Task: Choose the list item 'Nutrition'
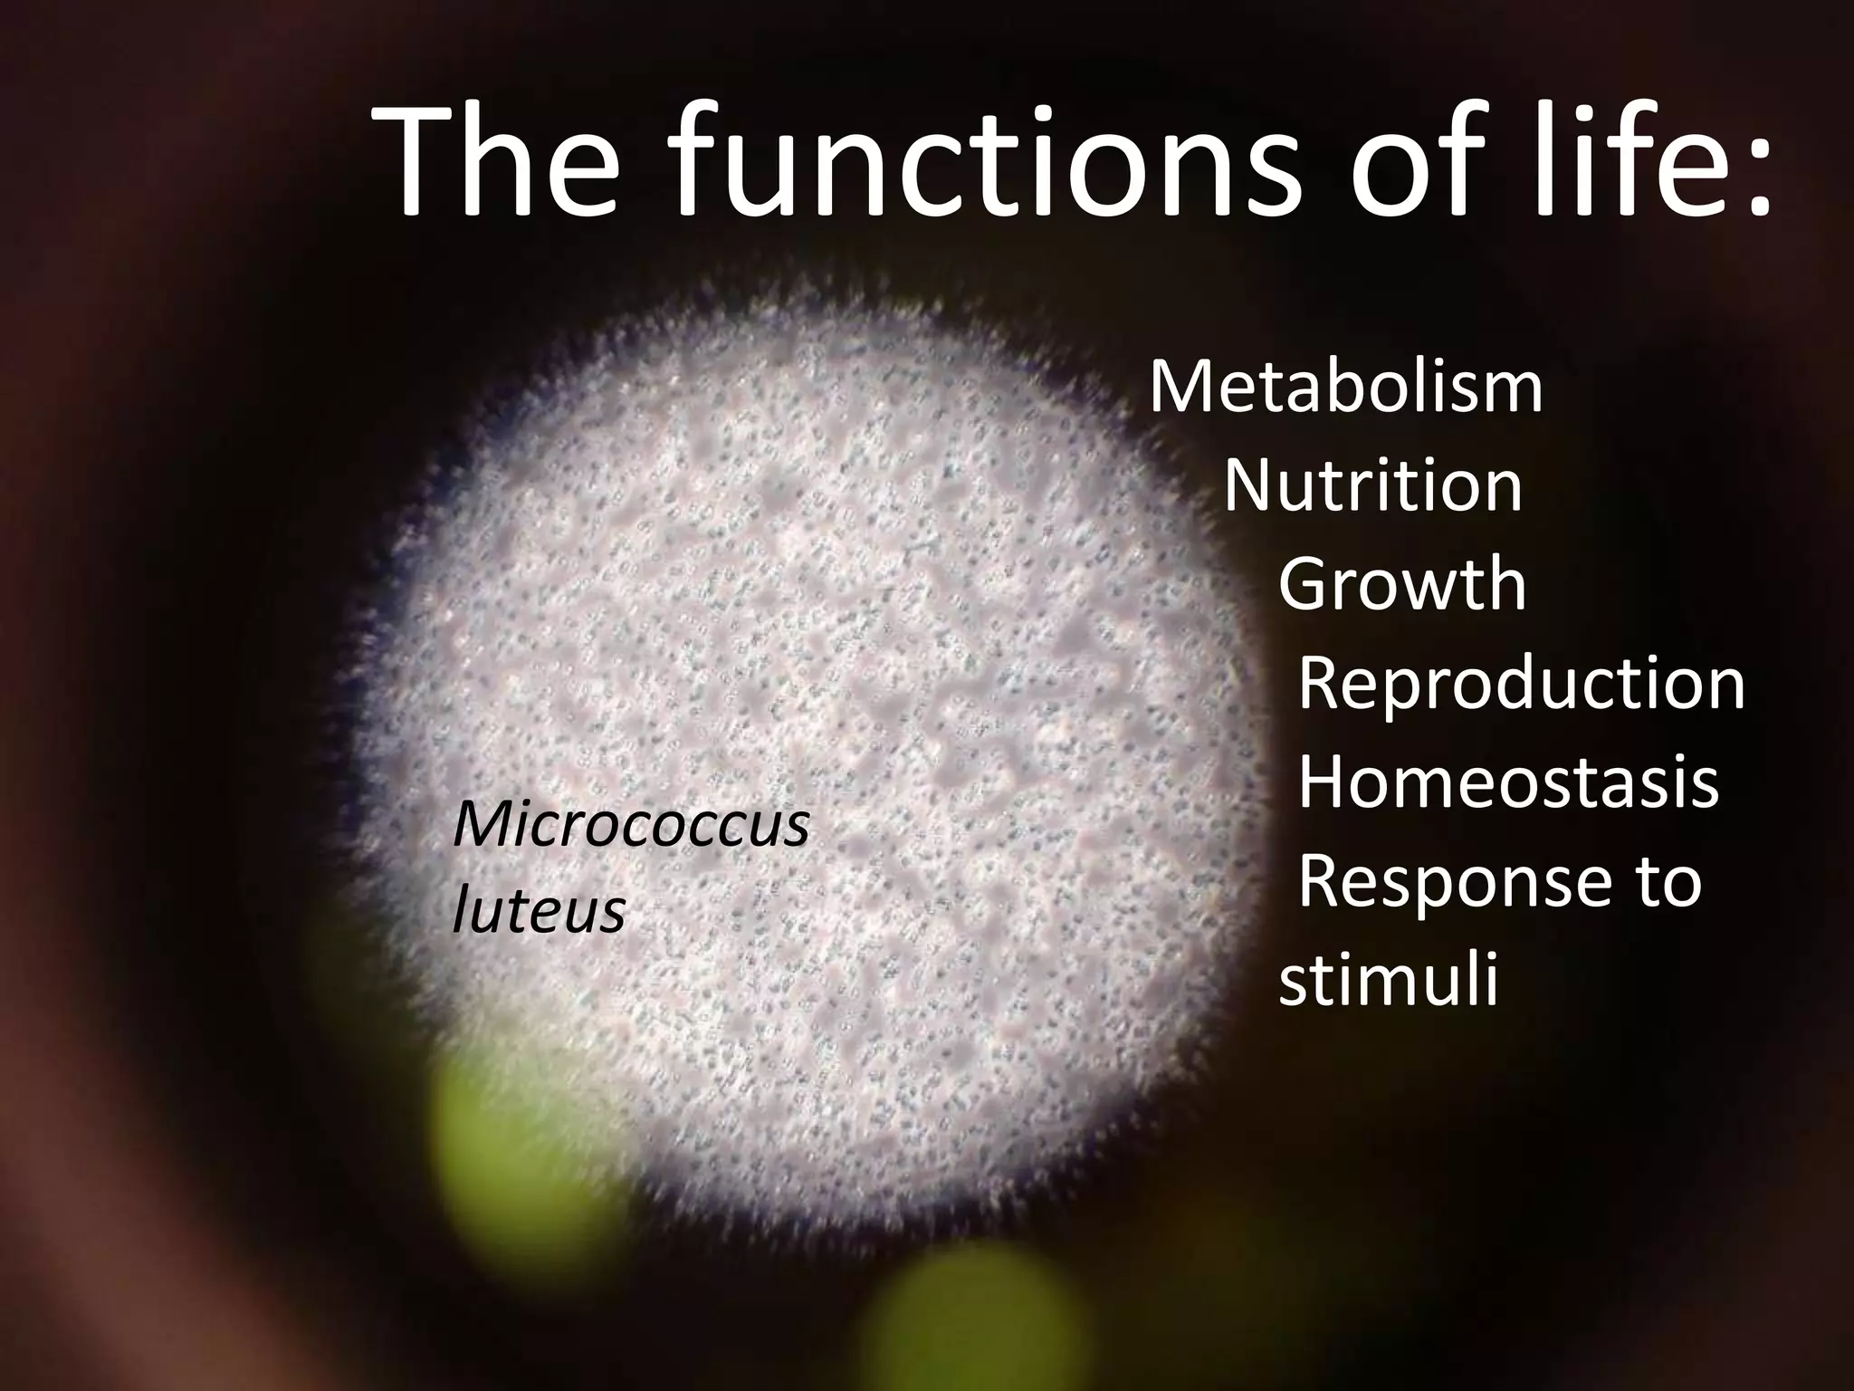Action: [x=1373, y=487]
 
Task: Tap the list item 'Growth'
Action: [x=1402, y=585]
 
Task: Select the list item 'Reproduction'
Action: [x=1522, y=686]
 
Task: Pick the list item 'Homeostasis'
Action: [x=1509, y=783]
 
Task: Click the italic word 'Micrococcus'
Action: [x=631, y=826]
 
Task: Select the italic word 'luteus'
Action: [x=538, y=909]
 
